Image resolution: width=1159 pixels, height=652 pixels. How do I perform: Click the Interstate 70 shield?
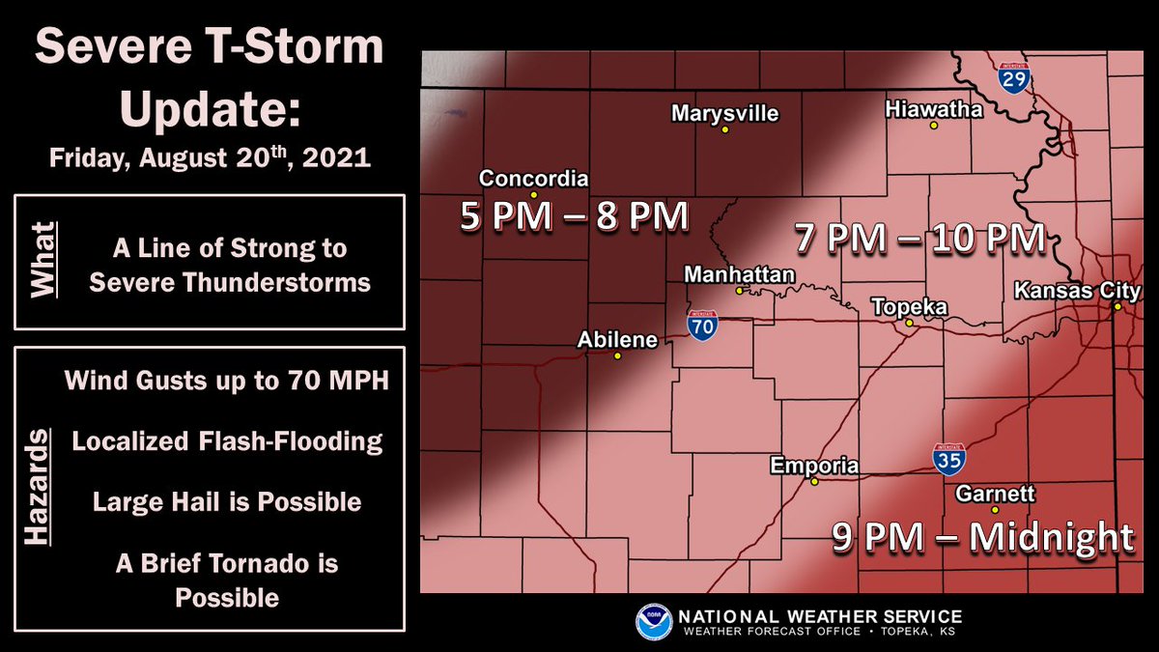pos(702,325)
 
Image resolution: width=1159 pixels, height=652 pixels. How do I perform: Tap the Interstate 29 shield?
pos(1015,77)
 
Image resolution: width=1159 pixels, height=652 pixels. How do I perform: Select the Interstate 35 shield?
pos(948,458)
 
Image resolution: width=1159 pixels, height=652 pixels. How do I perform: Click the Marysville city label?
pos(724,114)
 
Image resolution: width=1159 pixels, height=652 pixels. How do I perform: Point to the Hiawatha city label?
pos(934,110)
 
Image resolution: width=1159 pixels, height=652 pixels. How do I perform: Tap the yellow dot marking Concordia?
pos(533,194)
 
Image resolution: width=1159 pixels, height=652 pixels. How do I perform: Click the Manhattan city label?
pos(739,275)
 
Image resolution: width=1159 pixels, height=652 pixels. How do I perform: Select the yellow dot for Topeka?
pos(908,324)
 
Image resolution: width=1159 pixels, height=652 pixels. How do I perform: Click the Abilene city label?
pos(617,340)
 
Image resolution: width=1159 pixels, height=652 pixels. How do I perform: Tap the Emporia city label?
pos(814,467)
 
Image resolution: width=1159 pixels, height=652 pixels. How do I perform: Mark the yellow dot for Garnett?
pos(995,509)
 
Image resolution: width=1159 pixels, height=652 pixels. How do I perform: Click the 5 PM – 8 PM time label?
pos(574,216)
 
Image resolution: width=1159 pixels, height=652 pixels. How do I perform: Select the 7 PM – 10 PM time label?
pos(919,237)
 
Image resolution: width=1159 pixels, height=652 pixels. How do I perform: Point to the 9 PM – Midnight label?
pos(983,537)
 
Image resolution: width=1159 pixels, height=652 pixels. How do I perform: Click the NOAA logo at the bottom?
pos(654,622)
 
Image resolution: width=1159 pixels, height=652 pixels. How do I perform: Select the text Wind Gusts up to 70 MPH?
pos(227,381)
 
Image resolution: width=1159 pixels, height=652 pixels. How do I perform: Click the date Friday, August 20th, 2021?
pos(211,157)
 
